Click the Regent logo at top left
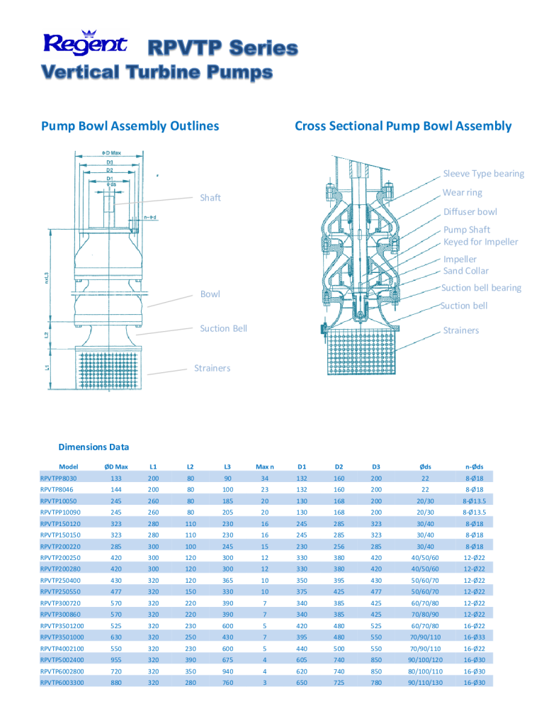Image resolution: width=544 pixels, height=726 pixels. coord(84,44)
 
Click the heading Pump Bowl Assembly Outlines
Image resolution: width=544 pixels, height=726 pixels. coord(130,126)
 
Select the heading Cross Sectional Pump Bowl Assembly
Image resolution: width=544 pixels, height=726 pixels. coord(402,126)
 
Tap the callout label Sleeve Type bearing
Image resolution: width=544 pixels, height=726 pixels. coord(484,174)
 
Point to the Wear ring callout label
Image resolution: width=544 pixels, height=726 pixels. coord(462,193)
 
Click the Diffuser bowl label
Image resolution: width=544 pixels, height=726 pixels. coord(470,211)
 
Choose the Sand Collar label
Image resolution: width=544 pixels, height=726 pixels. coord(465,271)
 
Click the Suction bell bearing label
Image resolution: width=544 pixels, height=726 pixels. coord(481,288)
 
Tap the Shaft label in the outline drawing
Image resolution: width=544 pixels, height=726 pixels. coord(210,198)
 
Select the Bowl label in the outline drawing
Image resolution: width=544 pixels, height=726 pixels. coord(210,294)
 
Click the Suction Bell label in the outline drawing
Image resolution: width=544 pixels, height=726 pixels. coord(223,328)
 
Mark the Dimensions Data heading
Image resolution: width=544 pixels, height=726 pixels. coord(93,447)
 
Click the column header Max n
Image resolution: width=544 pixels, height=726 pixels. coord(264,467)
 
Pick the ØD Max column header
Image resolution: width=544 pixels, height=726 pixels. coord(116,467)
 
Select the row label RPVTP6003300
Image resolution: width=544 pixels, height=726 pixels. coord(62,682)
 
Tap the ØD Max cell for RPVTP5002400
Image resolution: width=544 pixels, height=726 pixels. coord(116,659)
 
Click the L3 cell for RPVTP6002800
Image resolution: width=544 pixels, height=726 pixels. coord(227,671)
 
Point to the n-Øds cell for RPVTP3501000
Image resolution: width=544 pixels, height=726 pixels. coord(474,637)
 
